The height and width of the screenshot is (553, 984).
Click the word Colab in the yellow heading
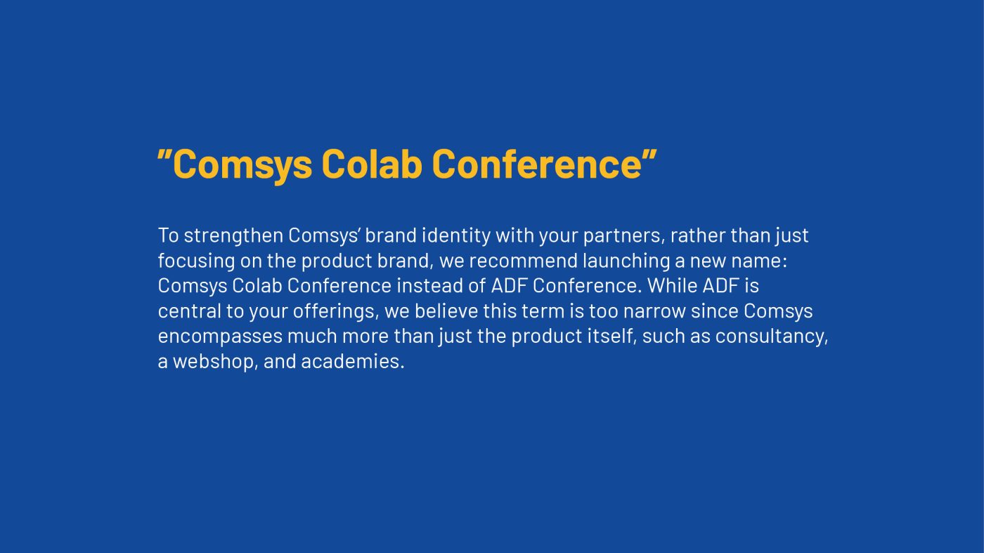(x=372, y=164)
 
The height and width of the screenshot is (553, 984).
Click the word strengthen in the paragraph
(x=233, y=236)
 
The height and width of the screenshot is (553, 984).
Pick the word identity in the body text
(x=456, y=236)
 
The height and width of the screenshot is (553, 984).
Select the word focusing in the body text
(x=196, y=261)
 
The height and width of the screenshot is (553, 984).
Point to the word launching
(x=626, y=261)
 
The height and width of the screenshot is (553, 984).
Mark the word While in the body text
(x=673, y=286)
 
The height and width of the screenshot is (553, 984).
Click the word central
(x=189, y=311)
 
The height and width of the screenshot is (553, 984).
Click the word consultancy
(x=772, y=337)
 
